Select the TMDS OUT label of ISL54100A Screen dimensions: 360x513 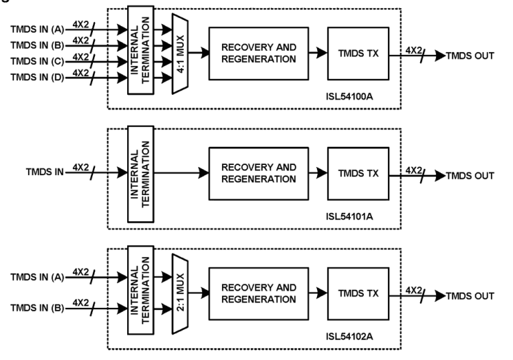(x=470, y=55)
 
